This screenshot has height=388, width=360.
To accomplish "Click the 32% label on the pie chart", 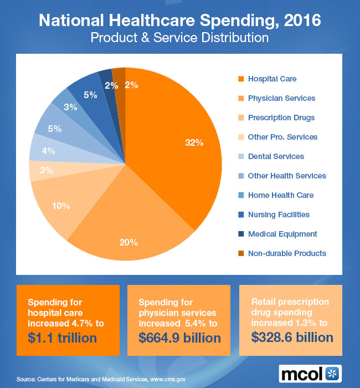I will [194, 142].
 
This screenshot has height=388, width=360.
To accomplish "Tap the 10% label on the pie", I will [61, 206].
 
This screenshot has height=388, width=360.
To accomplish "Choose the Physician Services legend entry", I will [281, 98].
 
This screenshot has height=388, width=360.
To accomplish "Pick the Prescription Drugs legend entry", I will [281, 118].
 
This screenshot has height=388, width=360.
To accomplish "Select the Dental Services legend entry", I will [276, 156].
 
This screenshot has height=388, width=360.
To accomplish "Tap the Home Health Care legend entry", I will [280, 195].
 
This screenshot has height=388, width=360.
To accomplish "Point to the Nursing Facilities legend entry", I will [279, 215].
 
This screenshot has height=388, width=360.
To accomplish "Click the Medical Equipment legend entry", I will [282, 234].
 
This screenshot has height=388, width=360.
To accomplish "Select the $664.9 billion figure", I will [179, 337].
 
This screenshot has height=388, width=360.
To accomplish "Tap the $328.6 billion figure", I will [292, 337].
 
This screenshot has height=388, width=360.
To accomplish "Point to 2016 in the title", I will [299, 22].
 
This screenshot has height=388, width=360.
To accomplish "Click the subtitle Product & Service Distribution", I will [179, 39].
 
